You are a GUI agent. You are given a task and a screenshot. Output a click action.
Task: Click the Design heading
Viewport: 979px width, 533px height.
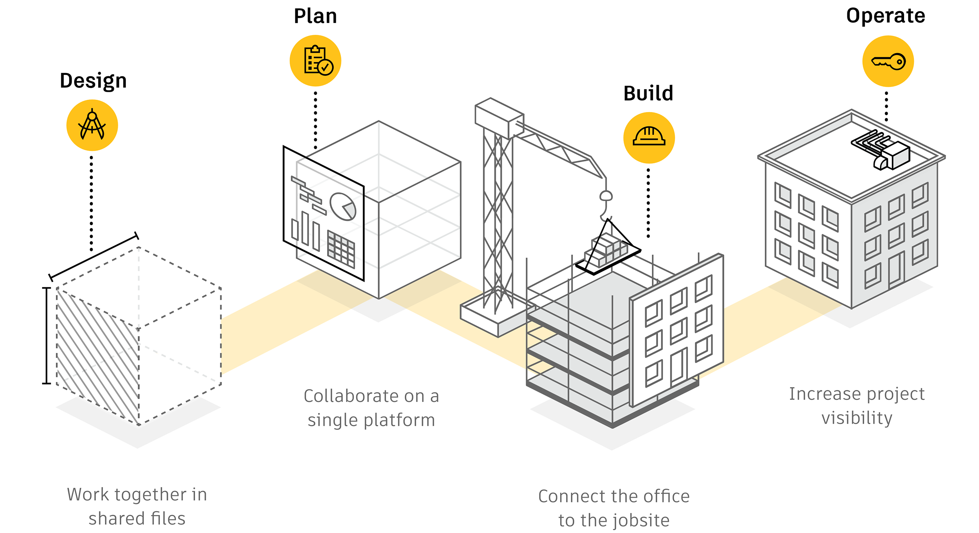click(93, 81)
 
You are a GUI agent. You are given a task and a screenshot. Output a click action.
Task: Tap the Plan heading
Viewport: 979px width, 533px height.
click(315, 16)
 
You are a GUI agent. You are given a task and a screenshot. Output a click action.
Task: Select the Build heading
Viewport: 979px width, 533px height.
click(648, 93)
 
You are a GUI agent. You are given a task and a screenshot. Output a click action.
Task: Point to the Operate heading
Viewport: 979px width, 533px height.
click(885, 16)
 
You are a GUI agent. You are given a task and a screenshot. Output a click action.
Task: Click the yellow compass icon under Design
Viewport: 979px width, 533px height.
click(92, 125)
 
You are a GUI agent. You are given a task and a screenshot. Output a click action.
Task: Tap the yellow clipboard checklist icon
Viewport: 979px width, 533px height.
click(316, 61)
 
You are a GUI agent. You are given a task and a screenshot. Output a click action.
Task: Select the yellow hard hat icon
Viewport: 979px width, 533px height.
click(649, 138)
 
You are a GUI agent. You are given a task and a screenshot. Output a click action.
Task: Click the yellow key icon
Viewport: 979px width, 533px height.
click(888, 61)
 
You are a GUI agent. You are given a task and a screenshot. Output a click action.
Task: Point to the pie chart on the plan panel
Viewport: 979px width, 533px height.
click(343, 206)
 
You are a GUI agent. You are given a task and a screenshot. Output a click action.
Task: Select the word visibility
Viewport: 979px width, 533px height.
click(857, 418)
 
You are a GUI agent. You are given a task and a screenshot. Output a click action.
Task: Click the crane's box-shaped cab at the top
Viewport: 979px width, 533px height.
click(498, 117)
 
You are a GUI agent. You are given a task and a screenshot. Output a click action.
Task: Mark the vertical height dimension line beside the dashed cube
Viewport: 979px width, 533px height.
click(47, 335)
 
